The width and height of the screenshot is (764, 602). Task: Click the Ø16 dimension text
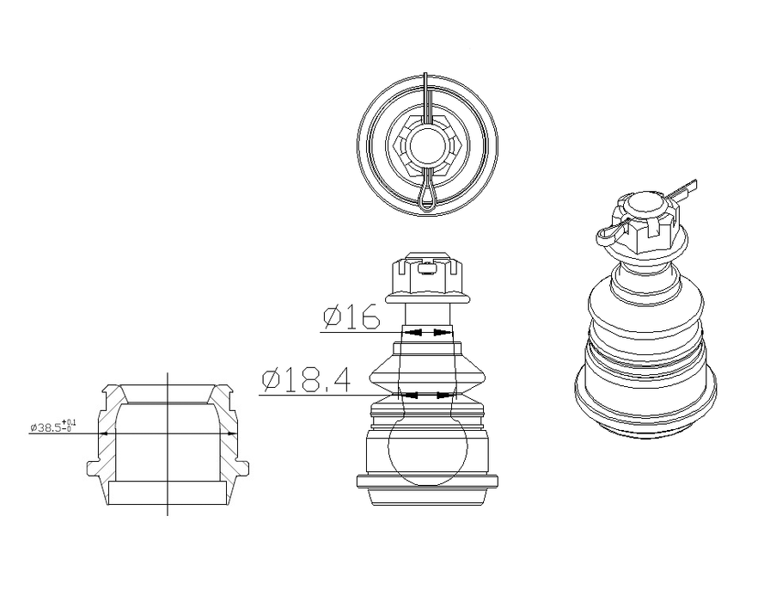[x=351, y=318]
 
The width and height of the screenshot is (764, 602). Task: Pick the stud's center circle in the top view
[x=427, y=144]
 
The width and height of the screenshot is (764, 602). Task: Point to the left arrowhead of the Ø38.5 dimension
[x=104, y=433]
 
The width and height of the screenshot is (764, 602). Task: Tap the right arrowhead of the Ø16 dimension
[x=442, y=332]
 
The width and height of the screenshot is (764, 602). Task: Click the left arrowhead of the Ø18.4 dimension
[x=411, y=396]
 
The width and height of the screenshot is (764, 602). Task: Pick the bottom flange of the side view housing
[x=428, y=482]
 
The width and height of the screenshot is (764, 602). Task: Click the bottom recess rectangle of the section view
[x=167, y=493]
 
